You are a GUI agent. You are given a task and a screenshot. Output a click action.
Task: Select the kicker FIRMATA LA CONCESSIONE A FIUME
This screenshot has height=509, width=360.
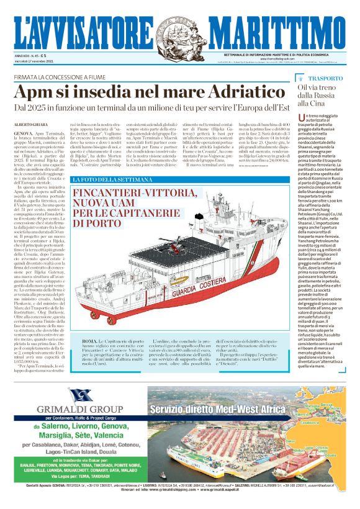tap(56, 78)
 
